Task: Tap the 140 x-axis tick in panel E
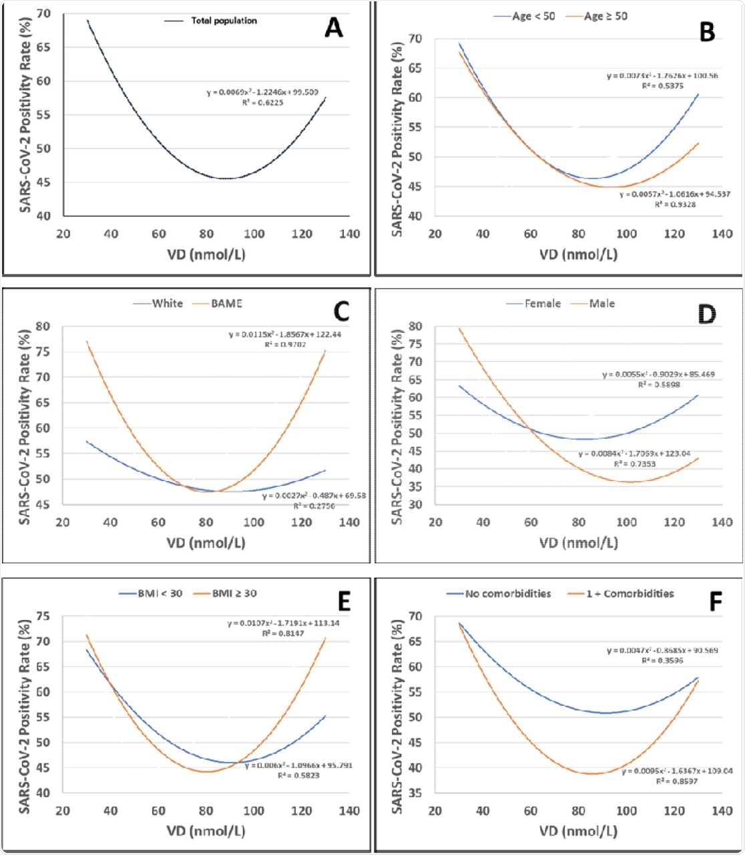pyautogui.click(x=349, y=811)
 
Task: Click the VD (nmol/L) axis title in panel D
pyautogui.click(x=578, y=543)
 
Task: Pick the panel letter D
pyautogui.click(x=706, y=314)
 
